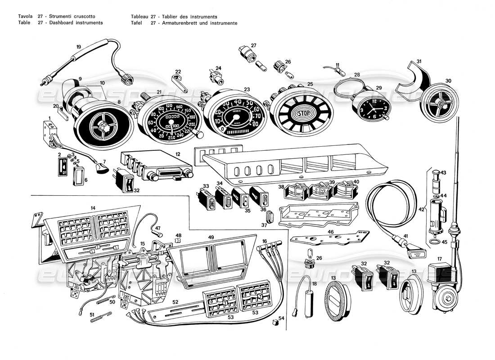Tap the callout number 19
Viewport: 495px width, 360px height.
click(x=78, y=47)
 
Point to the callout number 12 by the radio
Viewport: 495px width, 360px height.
click(x=178, y=154)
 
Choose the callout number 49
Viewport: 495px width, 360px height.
click(x=211, y=237)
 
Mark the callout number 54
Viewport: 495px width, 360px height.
click(x=282, y=318)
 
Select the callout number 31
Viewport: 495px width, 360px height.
click(x=418, y=61)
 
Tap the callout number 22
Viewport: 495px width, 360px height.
click(x=178, y=72)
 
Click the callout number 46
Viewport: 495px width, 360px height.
click(x=331, y=232)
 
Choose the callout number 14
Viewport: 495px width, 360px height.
click(x=93, y=208)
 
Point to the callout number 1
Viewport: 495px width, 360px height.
click(x=49, y=118)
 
